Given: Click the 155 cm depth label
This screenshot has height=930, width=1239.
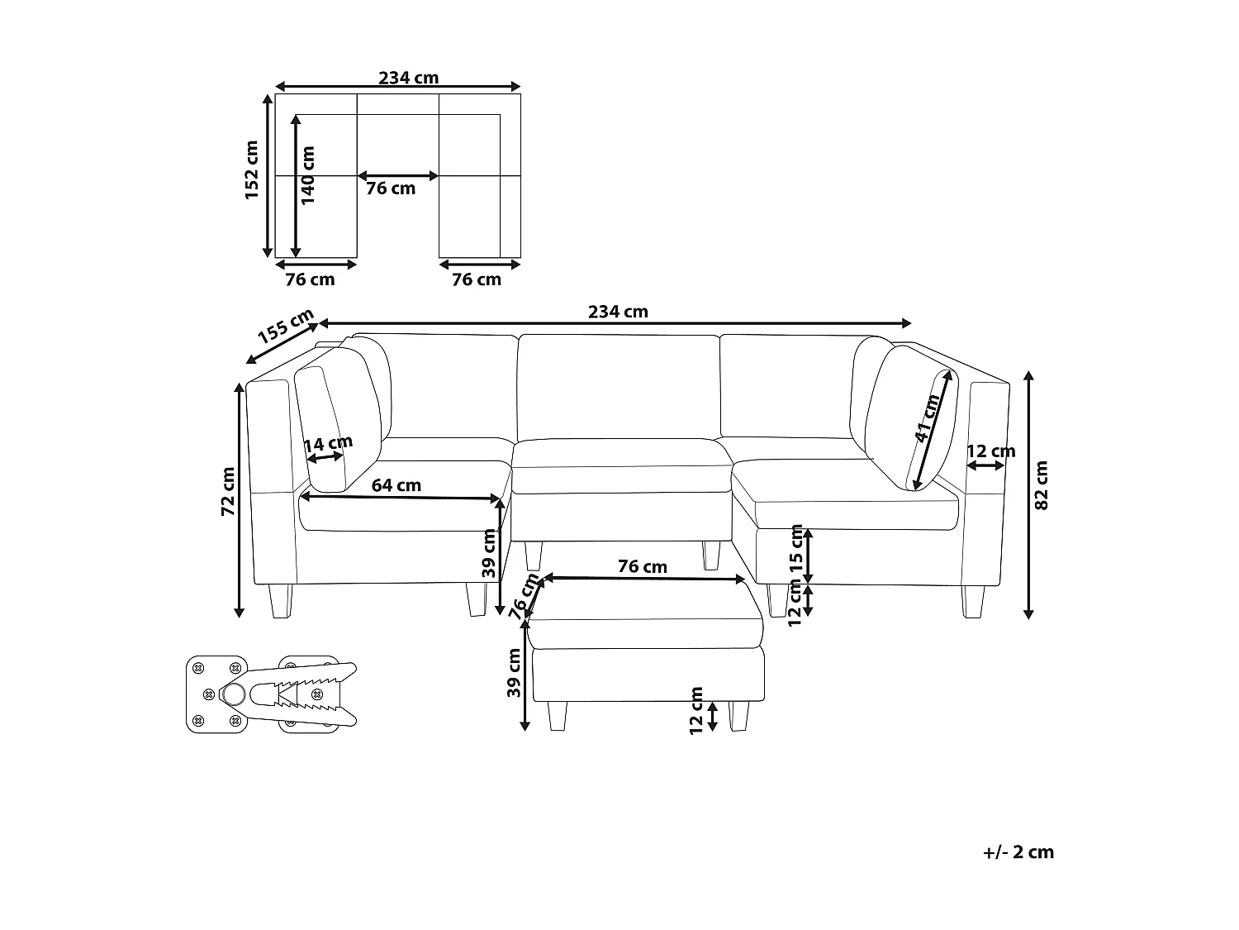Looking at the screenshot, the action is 286,326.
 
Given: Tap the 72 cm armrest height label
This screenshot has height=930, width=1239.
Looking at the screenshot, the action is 227,491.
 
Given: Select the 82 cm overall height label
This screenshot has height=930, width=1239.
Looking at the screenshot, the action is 1042,485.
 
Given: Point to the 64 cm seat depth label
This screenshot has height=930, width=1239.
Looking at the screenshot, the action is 396,485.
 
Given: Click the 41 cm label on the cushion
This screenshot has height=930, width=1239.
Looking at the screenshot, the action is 927,417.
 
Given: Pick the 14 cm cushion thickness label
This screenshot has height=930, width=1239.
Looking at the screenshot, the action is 329,443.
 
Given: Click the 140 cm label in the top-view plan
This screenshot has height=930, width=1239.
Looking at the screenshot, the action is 307,175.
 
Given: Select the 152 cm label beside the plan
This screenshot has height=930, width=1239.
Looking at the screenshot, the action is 251,170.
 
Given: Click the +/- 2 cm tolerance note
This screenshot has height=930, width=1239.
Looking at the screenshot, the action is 1018,852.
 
